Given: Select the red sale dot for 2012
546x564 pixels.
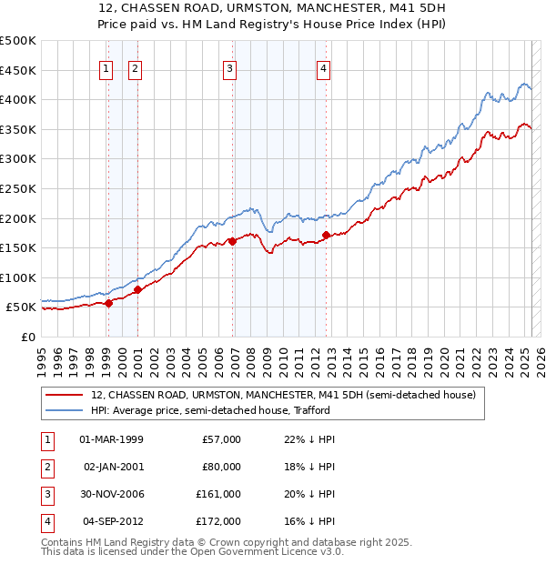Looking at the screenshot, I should point(326,235).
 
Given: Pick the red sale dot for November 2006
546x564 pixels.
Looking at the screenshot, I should point(233,241).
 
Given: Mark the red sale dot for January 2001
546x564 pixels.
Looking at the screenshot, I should point(137,289).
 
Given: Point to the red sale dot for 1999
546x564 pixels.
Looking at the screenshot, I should point(108,303).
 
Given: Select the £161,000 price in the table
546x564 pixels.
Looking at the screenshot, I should point(218,495).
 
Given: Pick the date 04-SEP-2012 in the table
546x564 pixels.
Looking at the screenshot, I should point(113,521).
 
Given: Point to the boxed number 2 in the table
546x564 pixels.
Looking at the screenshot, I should point(45,468).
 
